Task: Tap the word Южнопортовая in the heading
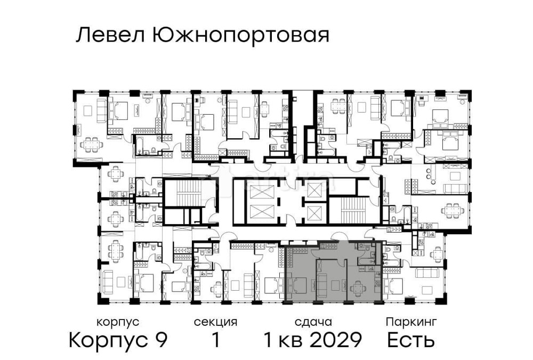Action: (x=240, y=36)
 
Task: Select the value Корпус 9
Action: (x=118, y=340)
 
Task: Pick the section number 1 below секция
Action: (x=215, y=340)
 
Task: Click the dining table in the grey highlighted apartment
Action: (x=358, y=289)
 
